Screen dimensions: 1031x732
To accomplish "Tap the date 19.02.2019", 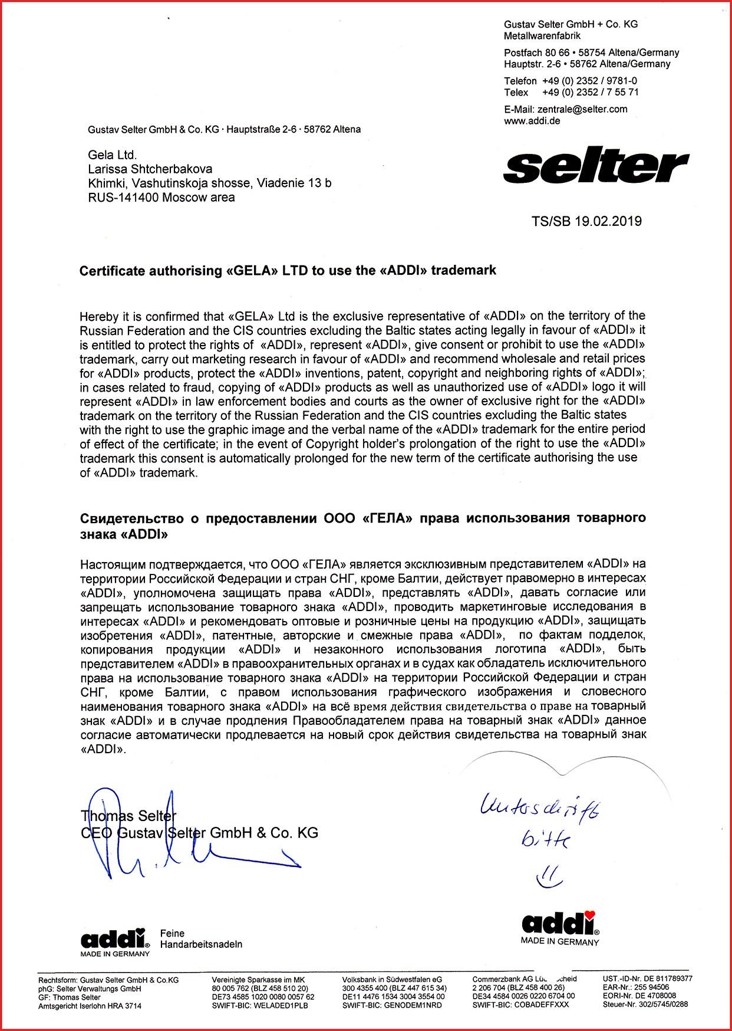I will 608,221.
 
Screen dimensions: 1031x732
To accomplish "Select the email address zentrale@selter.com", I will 582,109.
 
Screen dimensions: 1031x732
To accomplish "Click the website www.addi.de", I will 532,121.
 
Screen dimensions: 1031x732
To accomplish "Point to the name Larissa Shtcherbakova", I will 150,169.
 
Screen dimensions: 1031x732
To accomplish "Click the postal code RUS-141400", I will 123,198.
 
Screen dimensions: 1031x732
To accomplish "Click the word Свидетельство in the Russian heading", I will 132,518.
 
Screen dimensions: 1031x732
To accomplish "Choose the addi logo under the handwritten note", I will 559,923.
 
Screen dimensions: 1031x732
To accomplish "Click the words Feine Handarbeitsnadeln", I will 200,938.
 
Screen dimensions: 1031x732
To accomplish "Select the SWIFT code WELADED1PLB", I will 282,1006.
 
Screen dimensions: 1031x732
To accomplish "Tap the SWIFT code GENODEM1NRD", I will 413,1006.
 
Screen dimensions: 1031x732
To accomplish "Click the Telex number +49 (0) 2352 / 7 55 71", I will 590,92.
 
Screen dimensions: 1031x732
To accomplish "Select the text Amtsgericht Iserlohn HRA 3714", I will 90,1006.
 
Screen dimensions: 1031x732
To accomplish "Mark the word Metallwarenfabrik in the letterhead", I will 542,36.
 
